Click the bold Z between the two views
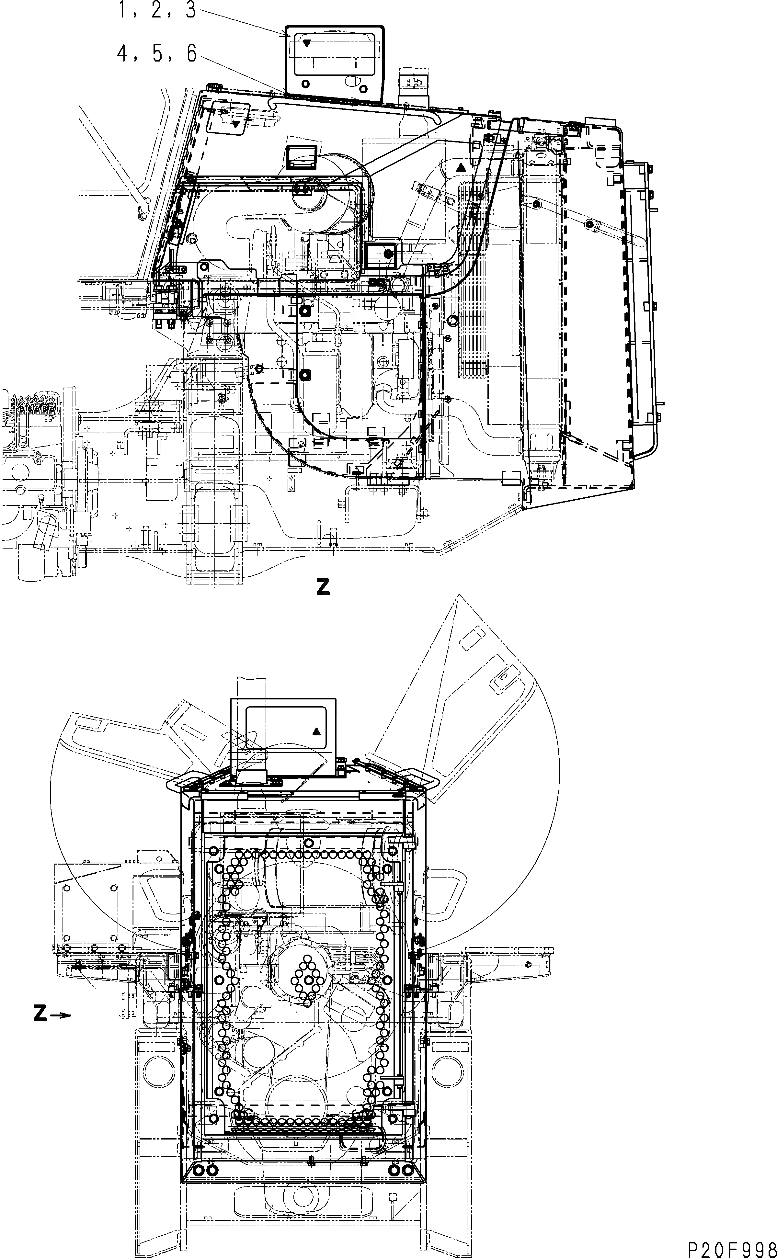click(323, 587)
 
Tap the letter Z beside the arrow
click(40, 1014)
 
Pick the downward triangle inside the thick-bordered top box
click(306, 43)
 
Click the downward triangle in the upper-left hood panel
click(236, 124)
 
